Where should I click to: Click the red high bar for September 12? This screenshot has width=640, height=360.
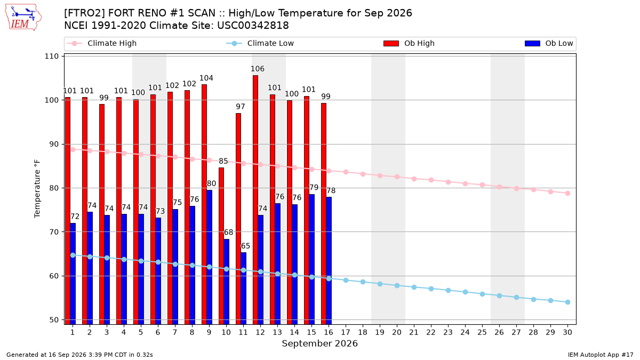255,199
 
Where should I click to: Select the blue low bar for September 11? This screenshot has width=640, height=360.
243,289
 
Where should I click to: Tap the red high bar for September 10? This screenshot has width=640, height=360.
221,246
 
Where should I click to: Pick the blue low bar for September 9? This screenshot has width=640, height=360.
209,257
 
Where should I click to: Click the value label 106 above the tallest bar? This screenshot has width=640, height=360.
258,69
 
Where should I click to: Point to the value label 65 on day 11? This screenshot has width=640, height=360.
245,246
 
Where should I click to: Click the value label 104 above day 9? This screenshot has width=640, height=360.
206,78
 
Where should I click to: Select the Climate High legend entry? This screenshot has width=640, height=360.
102,43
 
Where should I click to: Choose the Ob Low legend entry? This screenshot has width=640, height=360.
549,43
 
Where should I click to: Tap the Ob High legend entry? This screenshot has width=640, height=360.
409,43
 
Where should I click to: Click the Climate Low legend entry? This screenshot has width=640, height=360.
260,43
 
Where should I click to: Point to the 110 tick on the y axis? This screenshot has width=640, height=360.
51,57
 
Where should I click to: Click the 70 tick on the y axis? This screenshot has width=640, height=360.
54,232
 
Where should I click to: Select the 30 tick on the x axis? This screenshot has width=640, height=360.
567,332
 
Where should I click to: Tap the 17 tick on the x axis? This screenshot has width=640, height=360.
346,332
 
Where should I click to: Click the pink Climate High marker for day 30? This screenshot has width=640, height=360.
567,194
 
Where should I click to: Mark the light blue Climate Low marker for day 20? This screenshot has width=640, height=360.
397,286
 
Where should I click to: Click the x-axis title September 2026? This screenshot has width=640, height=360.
319,343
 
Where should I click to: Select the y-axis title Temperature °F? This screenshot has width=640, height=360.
37,189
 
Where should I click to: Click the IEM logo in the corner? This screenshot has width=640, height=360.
23,18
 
